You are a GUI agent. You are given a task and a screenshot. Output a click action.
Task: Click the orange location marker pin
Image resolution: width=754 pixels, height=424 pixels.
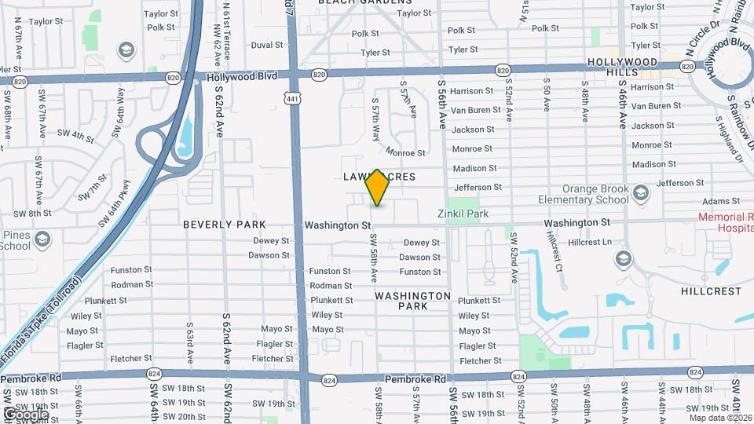click(378, 188)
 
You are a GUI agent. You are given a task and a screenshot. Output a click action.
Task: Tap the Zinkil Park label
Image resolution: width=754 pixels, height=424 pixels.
click(463, 214)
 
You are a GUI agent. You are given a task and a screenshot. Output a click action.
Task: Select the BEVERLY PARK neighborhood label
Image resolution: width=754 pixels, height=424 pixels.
click(225, 225)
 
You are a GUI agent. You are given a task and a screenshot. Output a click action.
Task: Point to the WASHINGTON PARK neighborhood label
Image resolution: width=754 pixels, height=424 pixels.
click(412, 301)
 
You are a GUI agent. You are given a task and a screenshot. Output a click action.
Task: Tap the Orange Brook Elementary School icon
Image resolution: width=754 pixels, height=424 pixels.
click(641, 193)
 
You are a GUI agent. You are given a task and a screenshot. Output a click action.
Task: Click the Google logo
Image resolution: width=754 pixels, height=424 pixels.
click(25, 414)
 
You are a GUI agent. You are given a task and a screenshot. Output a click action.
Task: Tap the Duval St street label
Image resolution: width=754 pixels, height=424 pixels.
click(267, 46)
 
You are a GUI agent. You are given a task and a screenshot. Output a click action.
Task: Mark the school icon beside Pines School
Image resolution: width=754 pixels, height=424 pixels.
click(42, 238)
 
